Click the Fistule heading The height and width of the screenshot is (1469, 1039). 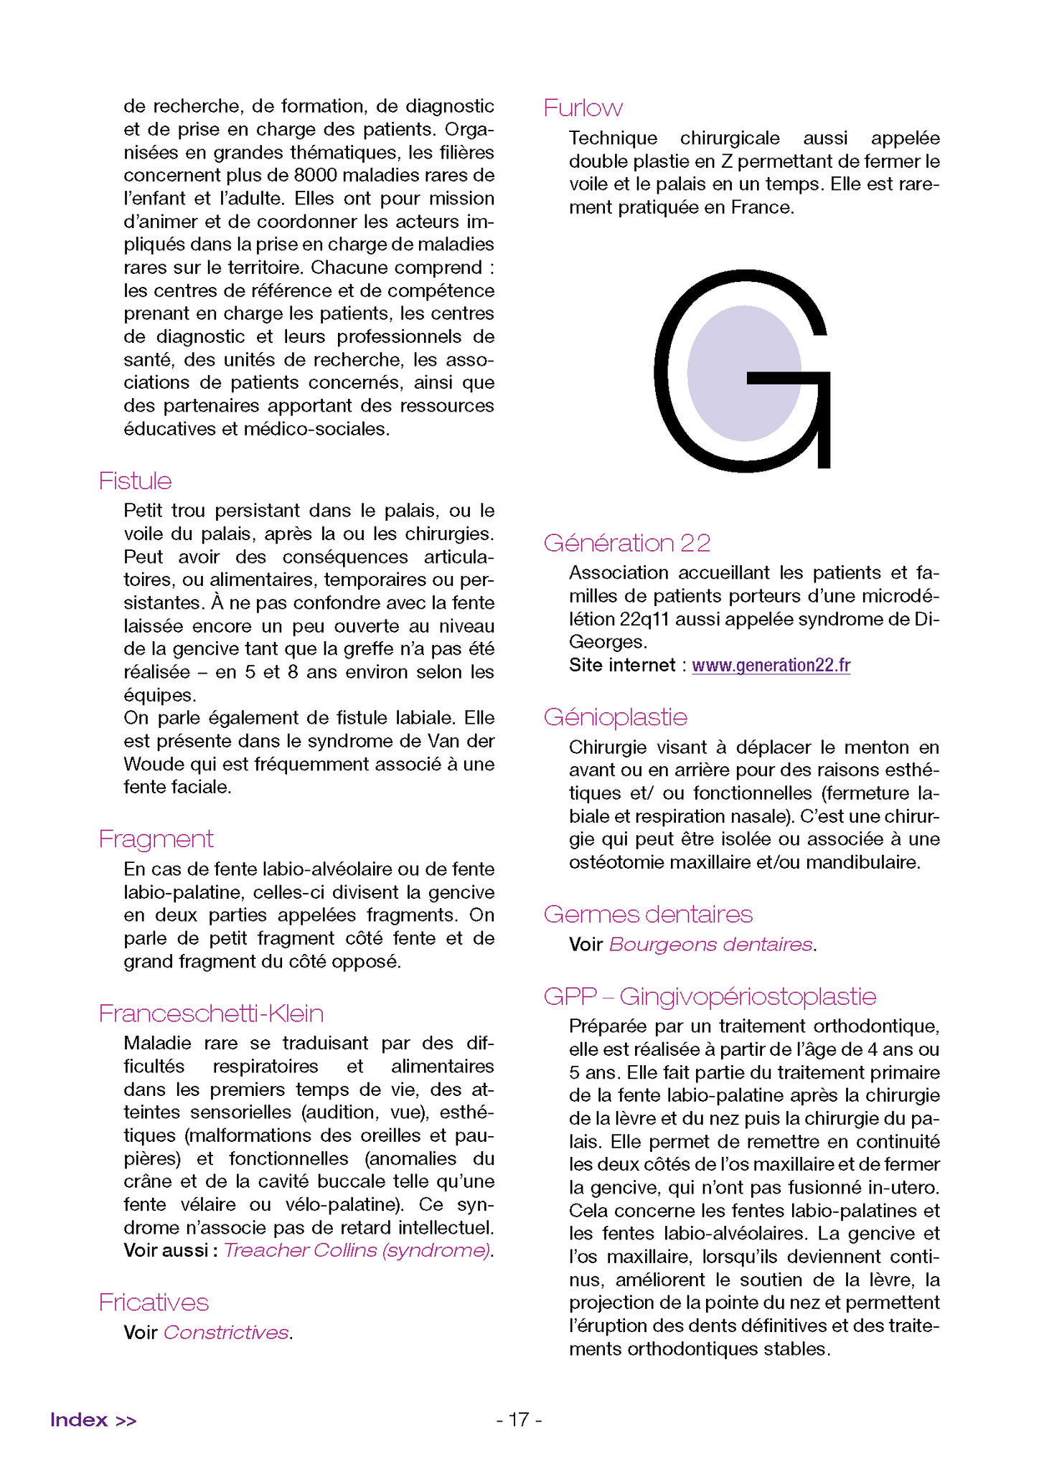[x=135, y=481]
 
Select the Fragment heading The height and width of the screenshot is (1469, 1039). [x=156, y=839]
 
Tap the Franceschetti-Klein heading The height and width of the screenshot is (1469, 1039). [x=211, y=1013]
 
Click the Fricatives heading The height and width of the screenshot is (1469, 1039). [x=154, y=1302]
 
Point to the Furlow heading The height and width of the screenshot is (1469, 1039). [x=583, y=108]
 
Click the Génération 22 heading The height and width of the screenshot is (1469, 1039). [x=626, y=543]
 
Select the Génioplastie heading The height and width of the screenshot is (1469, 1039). [x=615, y=717]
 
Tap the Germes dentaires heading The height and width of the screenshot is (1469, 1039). [x=647, y=914]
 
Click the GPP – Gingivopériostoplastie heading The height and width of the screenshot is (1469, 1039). [x=710, y=996]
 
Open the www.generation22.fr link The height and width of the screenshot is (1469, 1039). [x=771, y=665]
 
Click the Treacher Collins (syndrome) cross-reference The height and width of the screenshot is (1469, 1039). [x=357, y=1250]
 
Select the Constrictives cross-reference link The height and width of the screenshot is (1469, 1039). [x=226, y=1333]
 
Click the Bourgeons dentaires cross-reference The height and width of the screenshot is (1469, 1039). [x=710, y=945]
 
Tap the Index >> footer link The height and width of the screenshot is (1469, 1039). [x=93, y=1420]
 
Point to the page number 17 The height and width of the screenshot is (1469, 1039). [x=519, y=1420]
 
